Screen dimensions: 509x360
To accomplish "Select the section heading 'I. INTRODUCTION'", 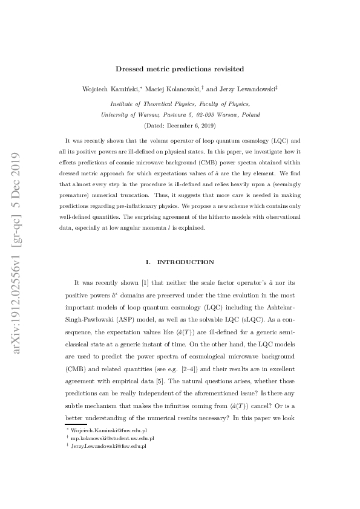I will (180, 262).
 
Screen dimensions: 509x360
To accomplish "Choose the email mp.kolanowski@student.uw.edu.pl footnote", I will (113, 438).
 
